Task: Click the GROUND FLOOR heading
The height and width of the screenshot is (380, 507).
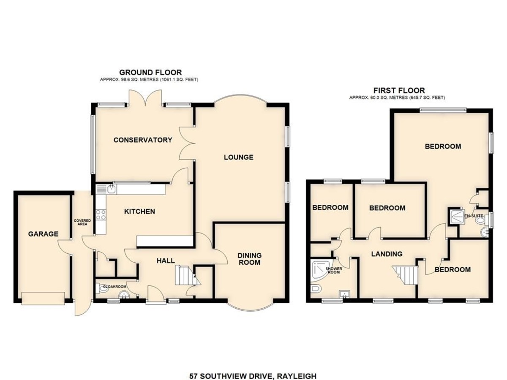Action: [x=150, y=73]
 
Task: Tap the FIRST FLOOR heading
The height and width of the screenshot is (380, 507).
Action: [x=399, y=90]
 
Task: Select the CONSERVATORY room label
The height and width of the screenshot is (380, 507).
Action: [x=143, y=140]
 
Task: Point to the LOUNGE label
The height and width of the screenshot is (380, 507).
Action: [x=239, y=157]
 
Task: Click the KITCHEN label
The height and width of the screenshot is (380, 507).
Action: [x=139, y=212]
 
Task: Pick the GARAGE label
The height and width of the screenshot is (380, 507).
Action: [x=43, y=234]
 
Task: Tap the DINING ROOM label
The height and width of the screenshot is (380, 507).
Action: [x=249, y=259]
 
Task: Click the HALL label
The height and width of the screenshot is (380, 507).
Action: [x=166, y=261]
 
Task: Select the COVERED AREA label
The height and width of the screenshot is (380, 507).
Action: [x=82, y=222]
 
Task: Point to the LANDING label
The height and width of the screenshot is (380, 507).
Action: [x=387, y=254]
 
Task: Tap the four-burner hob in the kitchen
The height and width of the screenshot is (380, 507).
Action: [x=101, y=214]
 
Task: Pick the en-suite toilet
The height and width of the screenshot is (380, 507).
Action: [x=481, y=220]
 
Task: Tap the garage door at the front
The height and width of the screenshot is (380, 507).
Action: [x=43, y=299]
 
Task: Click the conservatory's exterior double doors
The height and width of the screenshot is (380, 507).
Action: [x=145, y=98]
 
